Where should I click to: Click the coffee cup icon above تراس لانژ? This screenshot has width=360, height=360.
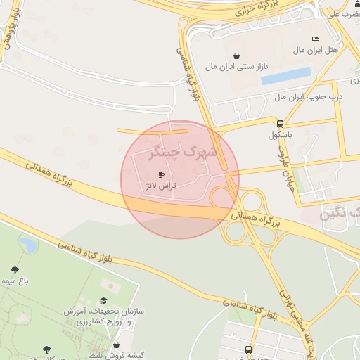(161, 174)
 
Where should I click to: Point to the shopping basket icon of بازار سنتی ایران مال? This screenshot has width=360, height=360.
(236, 56)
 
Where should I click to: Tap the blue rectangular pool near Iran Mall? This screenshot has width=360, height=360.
(285, 76)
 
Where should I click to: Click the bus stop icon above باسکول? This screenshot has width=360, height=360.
(280, 123)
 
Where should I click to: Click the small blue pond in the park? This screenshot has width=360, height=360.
(28, 245)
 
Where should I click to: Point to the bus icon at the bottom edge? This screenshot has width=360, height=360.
(248, 349)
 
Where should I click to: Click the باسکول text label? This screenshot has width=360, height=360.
(280, 134)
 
